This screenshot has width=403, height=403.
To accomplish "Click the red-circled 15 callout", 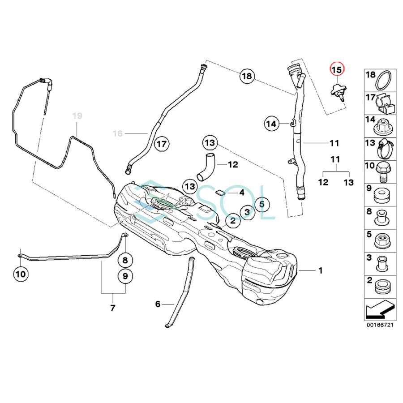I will click(336, 69).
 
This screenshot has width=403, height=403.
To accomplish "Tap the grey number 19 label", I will click(77, 116).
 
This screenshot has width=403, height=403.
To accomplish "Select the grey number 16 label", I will click(117, 133).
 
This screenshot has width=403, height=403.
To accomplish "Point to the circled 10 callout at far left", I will click(21, 273).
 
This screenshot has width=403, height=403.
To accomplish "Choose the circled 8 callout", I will click(125, 260).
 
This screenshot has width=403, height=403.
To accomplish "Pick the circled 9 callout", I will click(125, 276).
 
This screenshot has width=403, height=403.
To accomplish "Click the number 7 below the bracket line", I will click(112, 308).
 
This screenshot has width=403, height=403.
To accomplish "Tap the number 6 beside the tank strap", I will click(158, 304).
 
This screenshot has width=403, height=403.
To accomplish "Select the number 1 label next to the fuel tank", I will click(320, 270).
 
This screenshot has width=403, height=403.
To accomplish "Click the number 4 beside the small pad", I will click(241, 193).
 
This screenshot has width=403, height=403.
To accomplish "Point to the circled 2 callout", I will click(232, 220).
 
